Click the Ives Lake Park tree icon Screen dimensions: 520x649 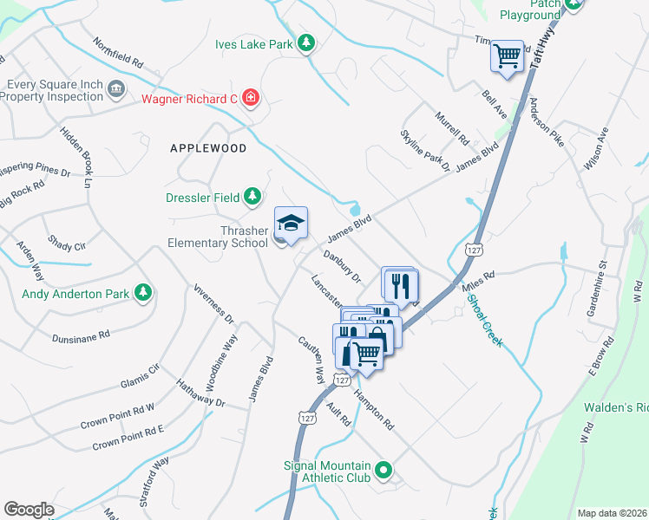[305, 42]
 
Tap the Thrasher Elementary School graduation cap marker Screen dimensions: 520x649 [292, 224]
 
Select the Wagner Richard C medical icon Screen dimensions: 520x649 [251, 97]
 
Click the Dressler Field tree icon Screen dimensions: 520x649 [252, 197]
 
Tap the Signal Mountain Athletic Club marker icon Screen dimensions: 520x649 [383, 472]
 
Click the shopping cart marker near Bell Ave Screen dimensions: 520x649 [508, 57]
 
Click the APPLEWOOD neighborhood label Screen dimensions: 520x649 [208, 148]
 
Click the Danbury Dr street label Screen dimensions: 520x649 [342, 266]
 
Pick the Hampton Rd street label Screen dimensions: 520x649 [374, 409]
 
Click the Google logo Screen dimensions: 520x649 [29, 510]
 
